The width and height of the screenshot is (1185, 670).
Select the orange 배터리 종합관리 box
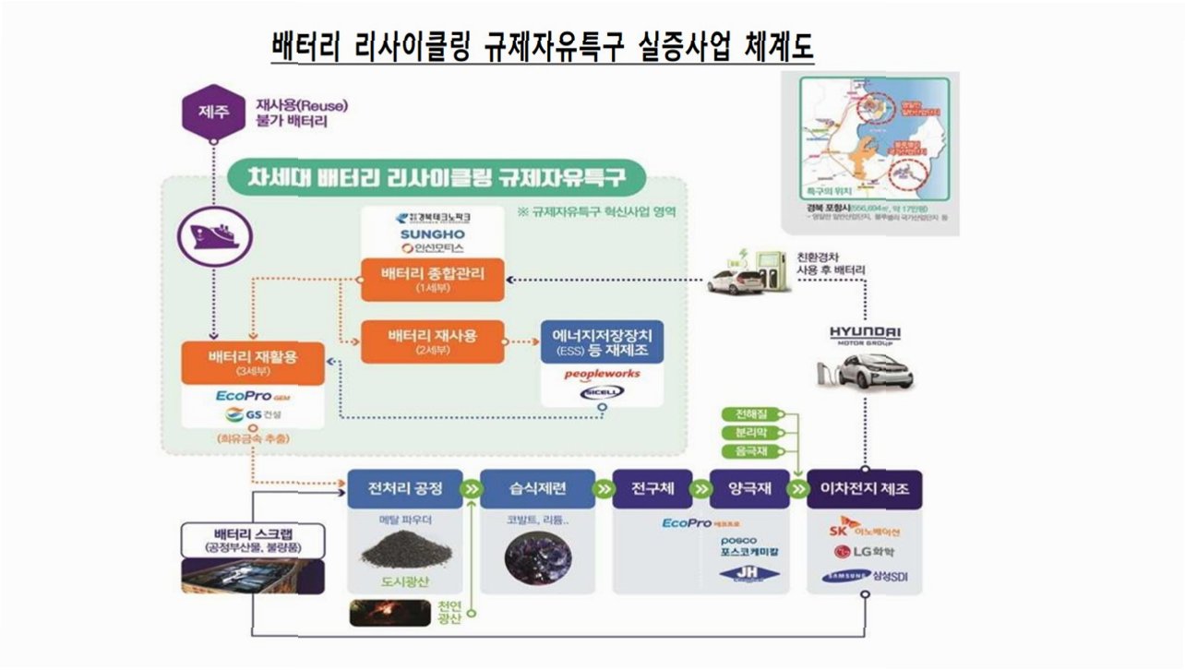432,278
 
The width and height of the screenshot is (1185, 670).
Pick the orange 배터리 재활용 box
253,363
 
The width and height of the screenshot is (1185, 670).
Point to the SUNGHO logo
431,233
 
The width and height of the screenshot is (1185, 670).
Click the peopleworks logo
602,374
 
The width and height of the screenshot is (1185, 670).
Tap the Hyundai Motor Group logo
864,335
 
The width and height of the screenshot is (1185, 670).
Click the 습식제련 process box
537,489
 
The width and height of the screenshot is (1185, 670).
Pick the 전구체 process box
658,489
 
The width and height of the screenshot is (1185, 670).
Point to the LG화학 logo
865,553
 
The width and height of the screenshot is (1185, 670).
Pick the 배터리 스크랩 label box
253,540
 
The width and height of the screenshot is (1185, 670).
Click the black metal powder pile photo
403,553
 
